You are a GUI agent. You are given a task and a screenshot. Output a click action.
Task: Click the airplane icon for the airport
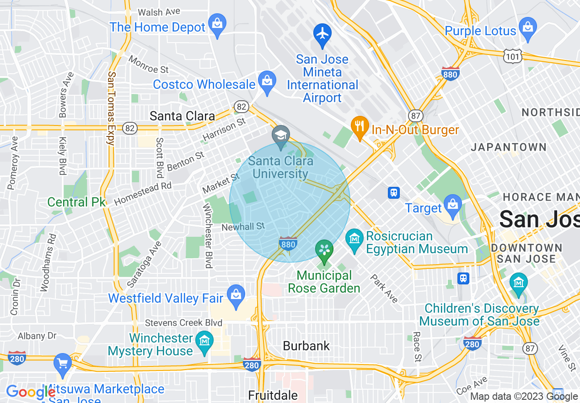pyautogui.click(x=322, y=34)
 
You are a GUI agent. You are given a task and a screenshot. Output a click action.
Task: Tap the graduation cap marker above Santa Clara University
pyautogui.click(x=281, y=136)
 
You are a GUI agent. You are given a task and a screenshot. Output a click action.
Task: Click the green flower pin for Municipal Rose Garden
pyautogui.click(x=324, y=250)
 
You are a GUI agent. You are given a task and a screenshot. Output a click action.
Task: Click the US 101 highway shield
pyautogui.click(x=510, y=56)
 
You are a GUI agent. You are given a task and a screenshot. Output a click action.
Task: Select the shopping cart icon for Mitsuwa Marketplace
pyautogui.click(x=63, y=364)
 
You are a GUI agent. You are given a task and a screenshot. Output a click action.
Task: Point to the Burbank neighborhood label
pyautogui.click(x=306, y=346)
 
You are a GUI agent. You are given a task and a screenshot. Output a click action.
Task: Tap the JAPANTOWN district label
pyautogui.click(x=509, y=147)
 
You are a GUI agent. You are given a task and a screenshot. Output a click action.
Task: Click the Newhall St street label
pyautogui.click(x=243, y=227)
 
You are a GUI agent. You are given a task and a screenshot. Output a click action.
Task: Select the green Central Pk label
pyautogui.click(x=76, y=202)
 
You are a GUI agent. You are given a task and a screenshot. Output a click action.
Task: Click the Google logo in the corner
pyautogui.click(x=30, y=392)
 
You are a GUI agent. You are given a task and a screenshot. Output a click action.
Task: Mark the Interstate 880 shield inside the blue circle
pyautogui.click(x=288, y=244)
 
